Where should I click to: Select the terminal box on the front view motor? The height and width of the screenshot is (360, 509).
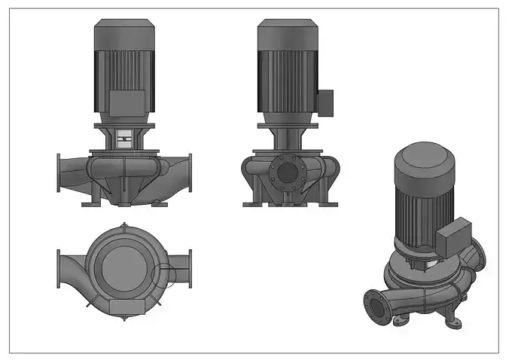[x=123, y=103]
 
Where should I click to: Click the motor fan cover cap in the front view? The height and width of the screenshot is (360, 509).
[x=123, y=33]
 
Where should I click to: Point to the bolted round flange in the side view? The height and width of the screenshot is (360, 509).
[x=287, y=172]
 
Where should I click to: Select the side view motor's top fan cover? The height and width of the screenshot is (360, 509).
[x=287, y=33]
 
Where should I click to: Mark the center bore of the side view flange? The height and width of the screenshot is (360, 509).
[x=287, y=172]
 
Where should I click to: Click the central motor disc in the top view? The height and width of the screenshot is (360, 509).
[x=123, y=264]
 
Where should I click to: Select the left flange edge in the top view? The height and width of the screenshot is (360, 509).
[x=59, y=268]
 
